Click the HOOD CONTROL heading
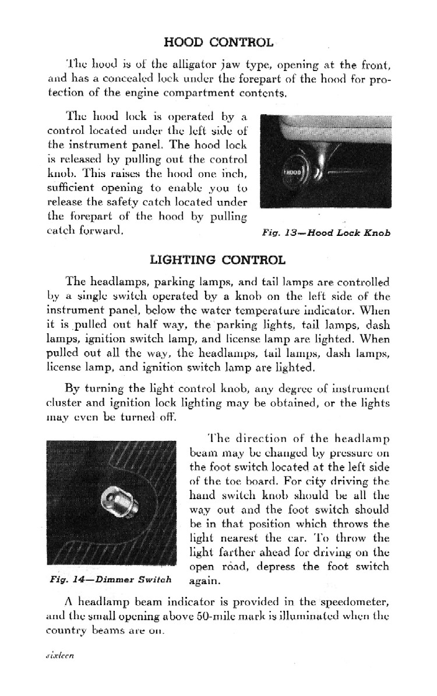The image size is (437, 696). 218,42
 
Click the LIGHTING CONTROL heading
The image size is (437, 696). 218,260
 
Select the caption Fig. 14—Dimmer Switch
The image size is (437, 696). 110,579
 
